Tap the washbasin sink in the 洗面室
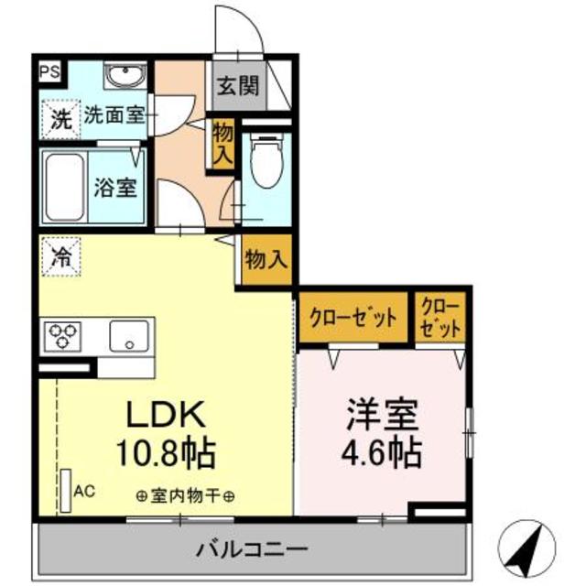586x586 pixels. coord(122,75)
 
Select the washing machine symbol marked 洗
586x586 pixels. coord(60,118)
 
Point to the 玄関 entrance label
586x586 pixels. coord(236,88)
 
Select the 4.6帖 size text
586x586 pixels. coord(383,452)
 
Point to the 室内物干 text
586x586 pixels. coord(185,497)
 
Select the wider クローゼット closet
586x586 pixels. coord(353,318)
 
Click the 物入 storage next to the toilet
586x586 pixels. coord(222,143)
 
